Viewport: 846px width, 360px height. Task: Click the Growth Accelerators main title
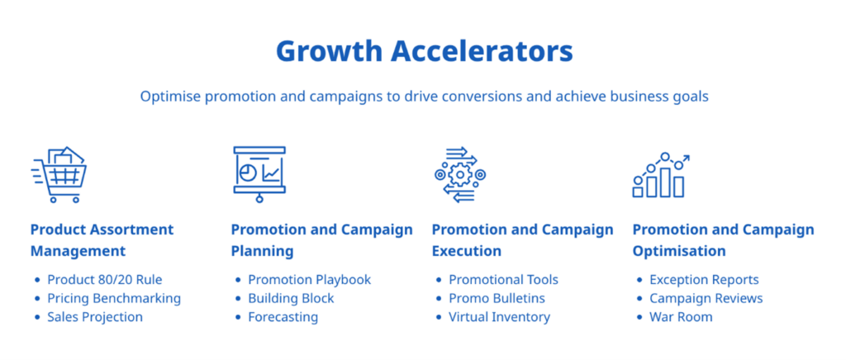[423, 51]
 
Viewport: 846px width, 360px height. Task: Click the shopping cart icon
[59, 174]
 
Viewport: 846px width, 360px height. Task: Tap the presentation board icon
[259, 174]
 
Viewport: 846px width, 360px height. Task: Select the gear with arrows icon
[460, 174]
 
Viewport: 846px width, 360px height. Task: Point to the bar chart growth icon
[660, 175]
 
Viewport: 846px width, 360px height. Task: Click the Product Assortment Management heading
[102, 239]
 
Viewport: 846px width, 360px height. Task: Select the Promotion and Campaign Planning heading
[321, 239]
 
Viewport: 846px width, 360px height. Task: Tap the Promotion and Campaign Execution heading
[522, 239]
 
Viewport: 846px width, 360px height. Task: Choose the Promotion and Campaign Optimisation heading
[723, 239]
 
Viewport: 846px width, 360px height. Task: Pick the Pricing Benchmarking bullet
[113, 298]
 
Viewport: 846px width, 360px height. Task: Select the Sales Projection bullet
[94, 317]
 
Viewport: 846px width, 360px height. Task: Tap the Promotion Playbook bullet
[309, 280]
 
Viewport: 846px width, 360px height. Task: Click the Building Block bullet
[291, 298]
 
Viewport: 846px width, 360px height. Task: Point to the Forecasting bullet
[283, 317]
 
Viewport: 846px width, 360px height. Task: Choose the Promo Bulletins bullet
[497, 298]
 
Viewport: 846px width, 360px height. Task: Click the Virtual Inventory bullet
[499, 317]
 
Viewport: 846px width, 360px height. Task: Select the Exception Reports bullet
[704, 280]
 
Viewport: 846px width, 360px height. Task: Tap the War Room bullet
[681, 317]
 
